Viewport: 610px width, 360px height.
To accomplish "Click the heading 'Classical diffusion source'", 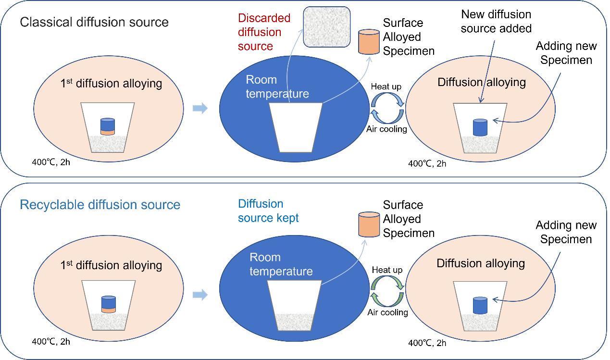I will pyautogui.click(x=94, y=22).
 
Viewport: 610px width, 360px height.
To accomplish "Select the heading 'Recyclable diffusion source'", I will pyautogui.click(x=100, y=205).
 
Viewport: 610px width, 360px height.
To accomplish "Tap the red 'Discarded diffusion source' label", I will pyautogui.click(x=263, y=32).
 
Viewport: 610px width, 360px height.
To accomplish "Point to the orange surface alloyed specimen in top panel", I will pyautogui.click(x=369, y=42).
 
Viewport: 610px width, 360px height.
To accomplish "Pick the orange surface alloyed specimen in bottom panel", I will pyautogui.click(x=369, y=224).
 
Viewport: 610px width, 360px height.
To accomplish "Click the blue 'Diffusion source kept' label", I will pyautogui.click(x=268, y=211).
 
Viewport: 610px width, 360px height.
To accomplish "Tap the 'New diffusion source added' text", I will pyautogui.click(x=496, y=22).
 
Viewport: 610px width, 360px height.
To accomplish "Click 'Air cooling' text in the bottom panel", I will pyautogui.click(x=387, y=312).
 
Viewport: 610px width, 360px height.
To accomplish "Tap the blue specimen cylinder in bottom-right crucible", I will pyautogui.click(x=481, y=306).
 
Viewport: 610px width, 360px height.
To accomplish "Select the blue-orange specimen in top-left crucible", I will pyautogui.click(x=108, y=127).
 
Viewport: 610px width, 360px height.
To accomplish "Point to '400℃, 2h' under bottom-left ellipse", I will pyautogui.click(x=51, y=342).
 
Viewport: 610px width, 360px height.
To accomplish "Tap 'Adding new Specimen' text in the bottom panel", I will pyautogui.click(x=566, y=232).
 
